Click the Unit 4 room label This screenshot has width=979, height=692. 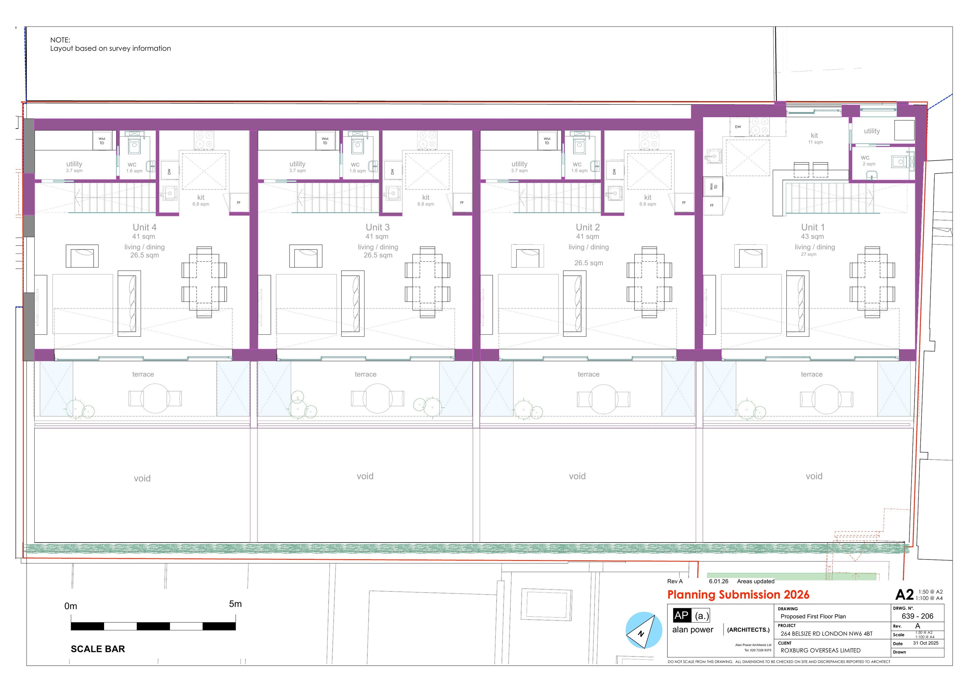coord(145,227)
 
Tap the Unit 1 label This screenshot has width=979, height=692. coord(813,227)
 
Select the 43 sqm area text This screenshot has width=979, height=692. coord(812,237)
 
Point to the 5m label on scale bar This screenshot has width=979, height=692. coord(235,604)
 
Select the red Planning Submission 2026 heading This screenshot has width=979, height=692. coord(738,595)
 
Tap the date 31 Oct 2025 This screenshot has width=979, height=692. coord(926,643)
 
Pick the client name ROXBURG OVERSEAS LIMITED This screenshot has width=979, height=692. coord(820,650)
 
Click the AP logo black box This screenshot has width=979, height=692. coord(681,615)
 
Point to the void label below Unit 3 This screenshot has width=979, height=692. coord(365,476)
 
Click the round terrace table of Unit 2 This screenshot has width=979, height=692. coord(603,399)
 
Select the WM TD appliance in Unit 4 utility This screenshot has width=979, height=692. coord(102,141)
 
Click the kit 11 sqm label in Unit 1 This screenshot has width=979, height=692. coord(815,138)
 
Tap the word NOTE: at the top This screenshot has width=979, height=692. coord(60,40)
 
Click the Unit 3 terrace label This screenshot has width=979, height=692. coord(365,374)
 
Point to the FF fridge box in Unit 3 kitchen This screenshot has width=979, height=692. coord(462,203)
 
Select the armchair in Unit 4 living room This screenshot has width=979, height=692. coord(82,256)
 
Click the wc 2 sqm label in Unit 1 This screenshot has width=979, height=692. coord(869,160)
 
